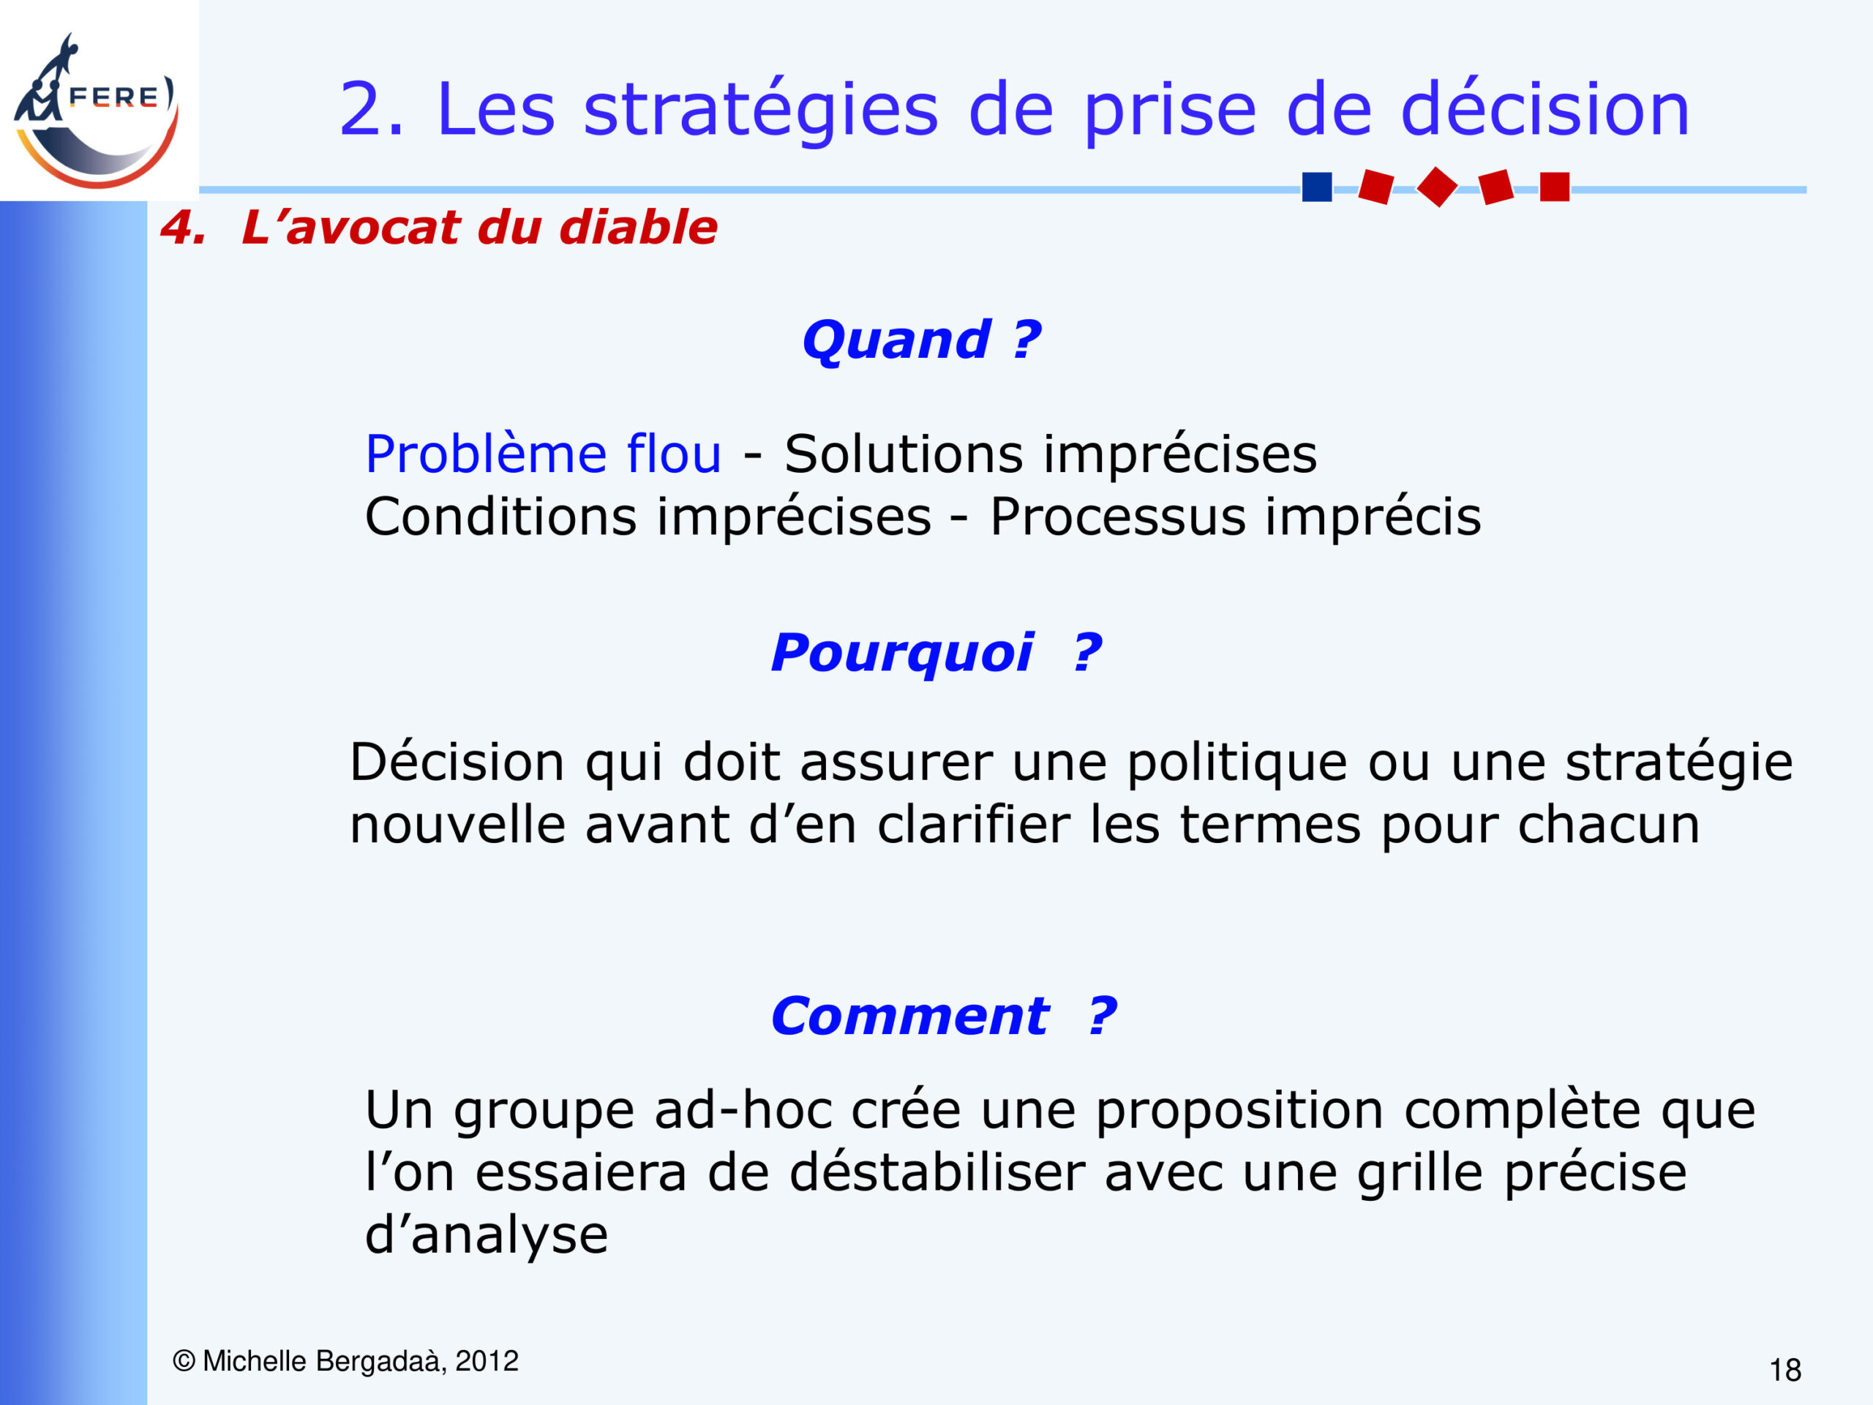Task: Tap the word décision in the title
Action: pyautogui.click(x=1545, y=109)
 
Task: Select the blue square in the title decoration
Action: pyautogui.click(x=1317, y=187)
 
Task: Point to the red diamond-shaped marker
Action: pyautogui.click(x=1437, y=187)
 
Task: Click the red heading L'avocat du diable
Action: pyautogui.click(x=479, y=227)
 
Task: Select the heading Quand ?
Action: pyautogui.click(x=921, y=340)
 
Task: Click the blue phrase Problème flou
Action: pyautogui.click(x=543, y=454)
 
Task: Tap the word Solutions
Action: pyautogui.click(x=904, y=454)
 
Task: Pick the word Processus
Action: pyautogui.click(x=1118, y=517)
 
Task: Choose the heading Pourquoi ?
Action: pyautogui.click(x=936, y=653)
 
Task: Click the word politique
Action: pyautogui.click(x=1236, y=763)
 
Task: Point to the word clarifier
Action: pyautogui.click(x=974, y=824)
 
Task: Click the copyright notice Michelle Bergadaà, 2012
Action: pyautogui.click(x=345, y=1361)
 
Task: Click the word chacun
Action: pyautogui.click(x=1609, y=825)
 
